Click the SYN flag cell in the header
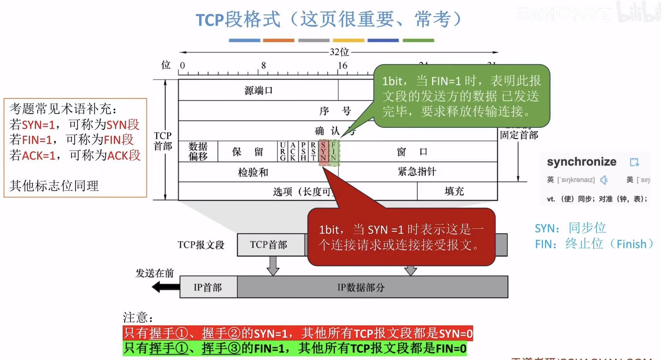click(x=323, y=152)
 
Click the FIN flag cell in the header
click(x=334, y=152)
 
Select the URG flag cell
click(x=282, y=152)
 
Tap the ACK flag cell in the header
click(x=293, y=152)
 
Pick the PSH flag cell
click(x=303, y=152)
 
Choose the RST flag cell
click(x=313, y=152)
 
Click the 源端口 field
click(x=258, y=90)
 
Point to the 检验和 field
click(x=253, y=173)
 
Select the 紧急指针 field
click(x=417, y=172)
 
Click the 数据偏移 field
click(x=198, y=152)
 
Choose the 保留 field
click(x=247, y=152)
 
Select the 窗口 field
click(x=412, y=152)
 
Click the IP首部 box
click(x=208, y=287)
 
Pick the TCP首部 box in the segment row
click(x=268, y=245)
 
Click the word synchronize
click(x=582, y=162)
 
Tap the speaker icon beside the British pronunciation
click(x=604, y=180)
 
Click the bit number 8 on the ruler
click(x=263, y=66)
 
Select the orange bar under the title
click(x=279, y=40)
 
